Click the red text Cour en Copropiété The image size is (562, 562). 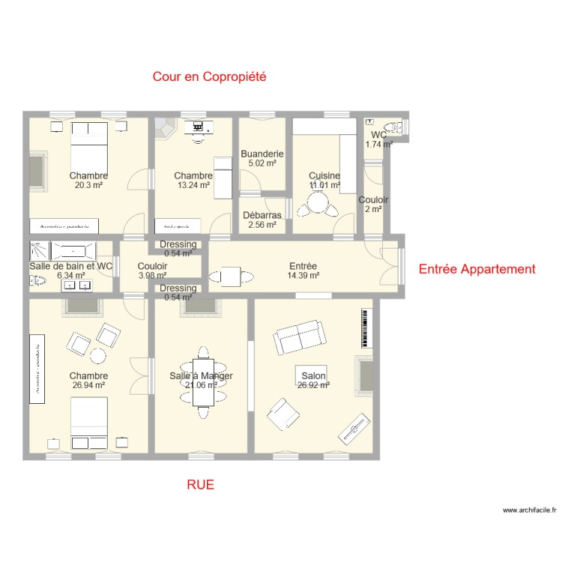[x=210, y=76]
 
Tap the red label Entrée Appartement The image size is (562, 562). [x=477, y=269]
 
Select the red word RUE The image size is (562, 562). [x=200, y=485]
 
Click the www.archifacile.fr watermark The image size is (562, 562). [x=529, y=510]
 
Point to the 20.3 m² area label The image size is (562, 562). [x=88, y=185]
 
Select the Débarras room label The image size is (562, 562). [x=262, y=216]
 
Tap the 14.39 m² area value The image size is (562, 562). [x=303, y=276]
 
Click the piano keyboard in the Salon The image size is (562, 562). [x=366, y=327]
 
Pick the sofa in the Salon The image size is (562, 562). [x=298, y=338]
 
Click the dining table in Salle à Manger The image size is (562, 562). [x=202, y=376]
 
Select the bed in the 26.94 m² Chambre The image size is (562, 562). [x=89, y=422]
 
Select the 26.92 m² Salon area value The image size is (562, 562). [x=314, y=386]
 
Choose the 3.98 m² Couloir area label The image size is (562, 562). [x=152, y=275]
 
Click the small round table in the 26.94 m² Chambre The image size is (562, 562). [x=98, y=354]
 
